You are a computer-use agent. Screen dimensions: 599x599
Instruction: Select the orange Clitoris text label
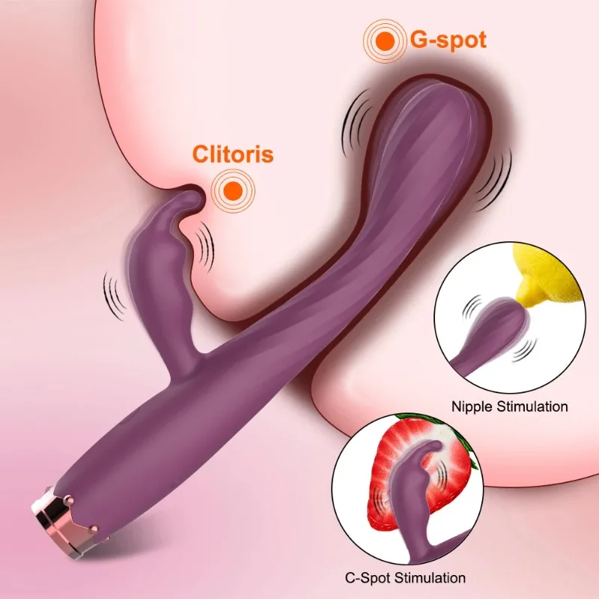233,155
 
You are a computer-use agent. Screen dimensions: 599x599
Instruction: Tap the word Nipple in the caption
470,407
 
